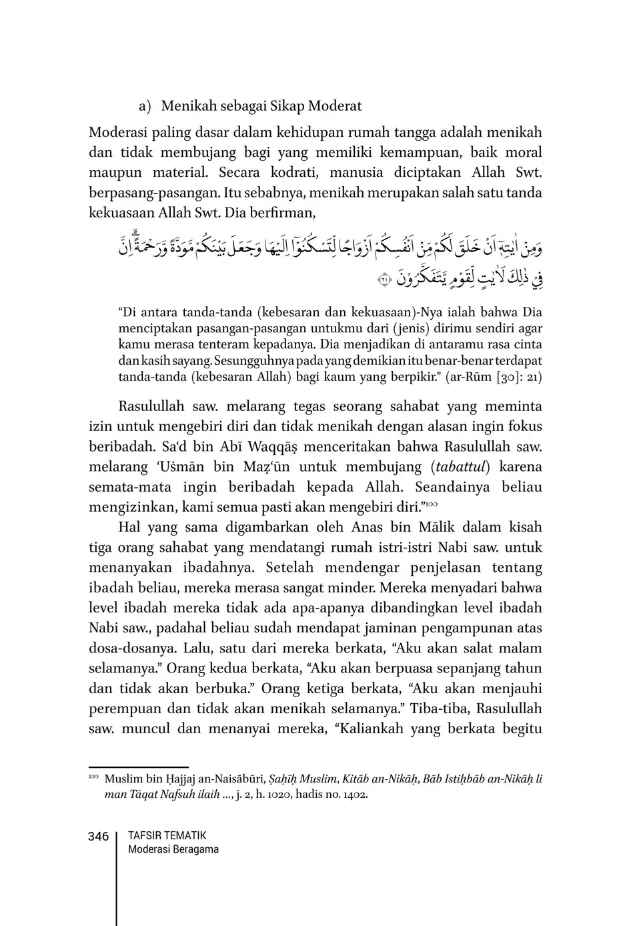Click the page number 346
click(98, 837)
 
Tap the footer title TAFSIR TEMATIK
click(167, 835)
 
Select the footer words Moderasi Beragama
click(173, 849)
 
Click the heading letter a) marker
click(145, 106)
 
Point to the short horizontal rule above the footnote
click(139, 768)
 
